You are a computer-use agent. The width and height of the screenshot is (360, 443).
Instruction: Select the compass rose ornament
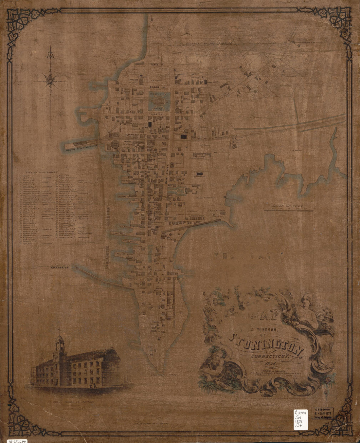click(51, 78)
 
